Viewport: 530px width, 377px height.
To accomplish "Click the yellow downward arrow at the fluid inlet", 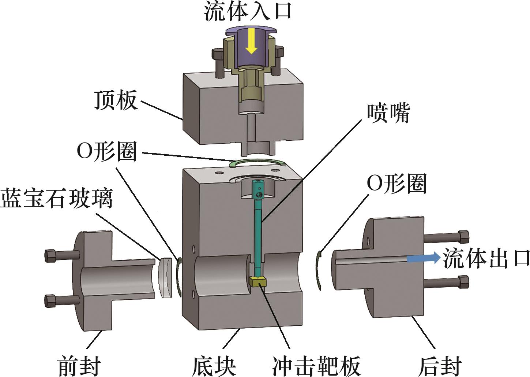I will pyautogui.click(x=251, y=41).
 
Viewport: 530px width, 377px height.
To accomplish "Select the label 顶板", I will pyautogui.click(x=116, y=100).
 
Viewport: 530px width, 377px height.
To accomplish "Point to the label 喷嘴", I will pyautogui.click(x=388, y=113).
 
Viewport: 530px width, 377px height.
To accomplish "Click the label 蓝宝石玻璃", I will pyautogui.click(x=57, y=199).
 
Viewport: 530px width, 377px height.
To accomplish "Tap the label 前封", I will pyautogui.click(x=79, y=365).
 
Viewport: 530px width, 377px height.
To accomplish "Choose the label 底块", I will pyautogui.click(x=214, y=365).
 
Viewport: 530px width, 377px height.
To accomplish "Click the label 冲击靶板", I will pyautogui.click(x=316, y=365).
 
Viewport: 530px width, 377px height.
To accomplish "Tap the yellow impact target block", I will pyautogui.click(x=258, y=282).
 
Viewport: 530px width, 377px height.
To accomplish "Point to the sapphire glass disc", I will pyautogui.click(x=166, y=278).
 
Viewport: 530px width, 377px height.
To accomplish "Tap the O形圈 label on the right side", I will pyautogui.click(x=397, y=183).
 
